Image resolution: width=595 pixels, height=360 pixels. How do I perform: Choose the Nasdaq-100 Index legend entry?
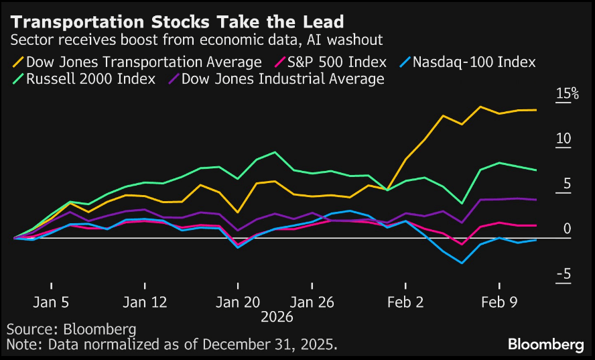[474, 62]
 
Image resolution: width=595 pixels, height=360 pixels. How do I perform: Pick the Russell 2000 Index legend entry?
[90, 79]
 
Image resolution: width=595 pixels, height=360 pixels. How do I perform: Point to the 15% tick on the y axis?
[567, 94]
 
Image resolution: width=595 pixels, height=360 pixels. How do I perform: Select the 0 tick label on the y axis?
[567, 229]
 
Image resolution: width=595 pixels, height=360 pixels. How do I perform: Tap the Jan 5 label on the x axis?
[51, 302]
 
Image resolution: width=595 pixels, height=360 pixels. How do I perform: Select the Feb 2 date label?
[405, 302]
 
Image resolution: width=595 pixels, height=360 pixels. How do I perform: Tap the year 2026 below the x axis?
[277, 316]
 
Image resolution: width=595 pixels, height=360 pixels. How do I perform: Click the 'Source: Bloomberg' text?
[71, 330]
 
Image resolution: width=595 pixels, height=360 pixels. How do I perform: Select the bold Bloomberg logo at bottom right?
[545, 345]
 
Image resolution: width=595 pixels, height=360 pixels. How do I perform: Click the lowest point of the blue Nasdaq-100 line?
[462, 263]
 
